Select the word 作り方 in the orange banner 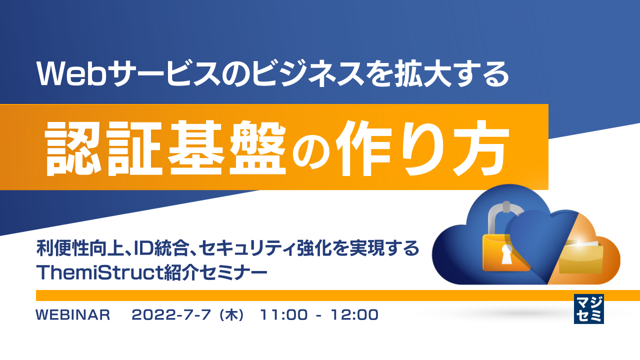click(x=425, y=147)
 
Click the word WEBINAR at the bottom click(x=73, y=315)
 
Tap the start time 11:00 click(x=280, y=315)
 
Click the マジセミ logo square click(x=589, y=308)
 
